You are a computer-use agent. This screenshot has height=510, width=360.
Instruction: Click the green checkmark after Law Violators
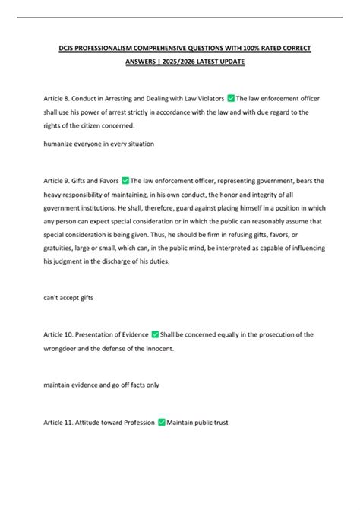(231, 98)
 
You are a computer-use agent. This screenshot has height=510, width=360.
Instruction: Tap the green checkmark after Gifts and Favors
(125, 181)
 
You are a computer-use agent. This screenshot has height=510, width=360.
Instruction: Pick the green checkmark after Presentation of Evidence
(155, 334)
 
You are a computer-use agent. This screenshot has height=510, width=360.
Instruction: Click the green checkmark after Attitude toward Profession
(160, 422)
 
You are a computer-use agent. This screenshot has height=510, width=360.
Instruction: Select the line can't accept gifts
(69, 298)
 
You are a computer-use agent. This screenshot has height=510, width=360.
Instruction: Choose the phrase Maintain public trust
(197, 422)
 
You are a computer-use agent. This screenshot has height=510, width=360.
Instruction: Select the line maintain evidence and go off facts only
(101, 385)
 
